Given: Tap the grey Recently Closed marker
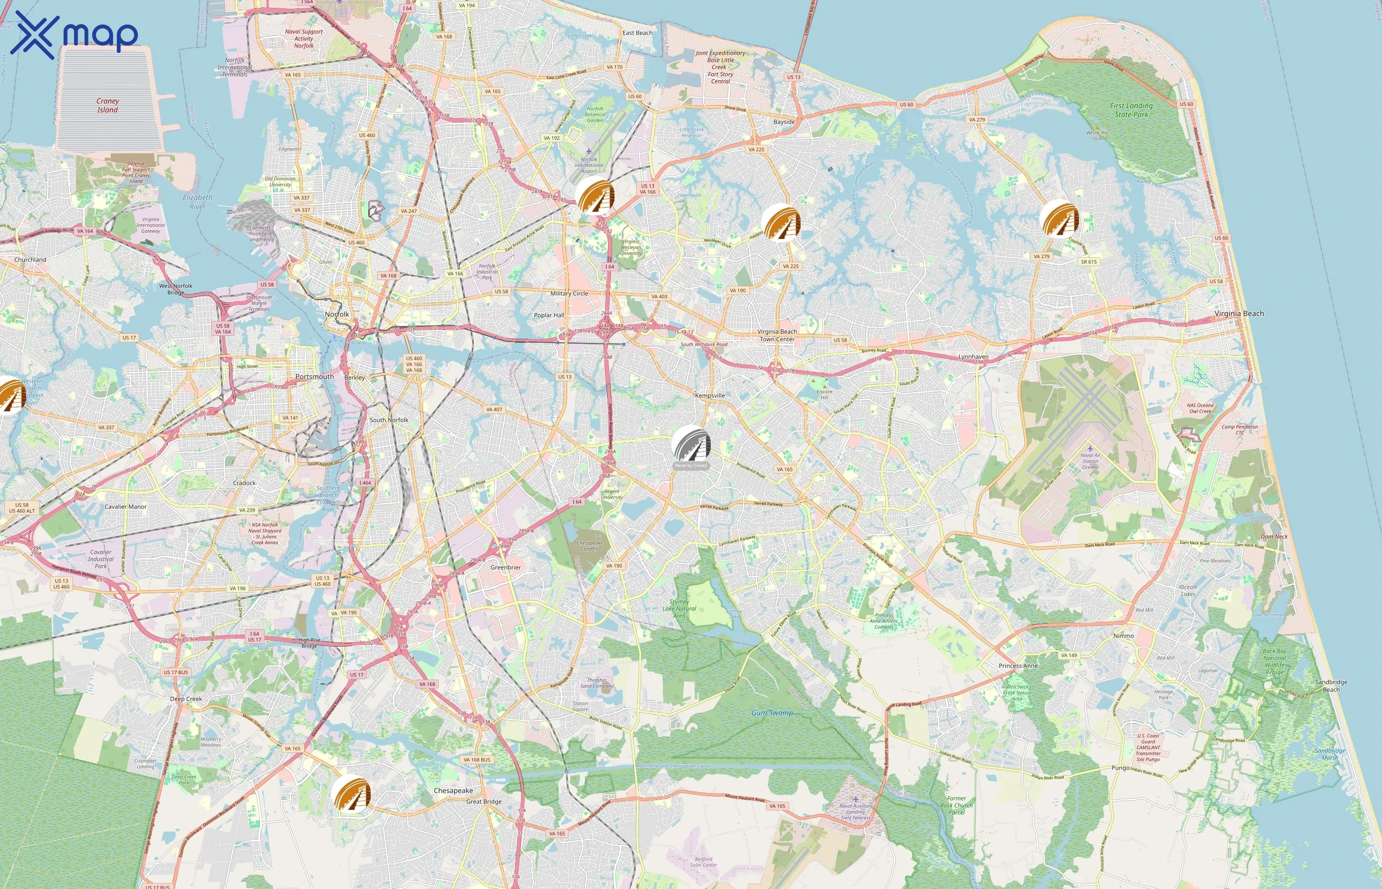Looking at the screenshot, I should (691, 445).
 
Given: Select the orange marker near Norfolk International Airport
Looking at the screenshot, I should (595, 196).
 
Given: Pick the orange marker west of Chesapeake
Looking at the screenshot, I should (351, 794).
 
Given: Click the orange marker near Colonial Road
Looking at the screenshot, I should (1059, 219).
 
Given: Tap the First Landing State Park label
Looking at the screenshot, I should (1131, 110).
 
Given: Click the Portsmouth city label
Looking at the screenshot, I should (314, 377).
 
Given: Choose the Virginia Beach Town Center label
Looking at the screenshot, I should (777, 335).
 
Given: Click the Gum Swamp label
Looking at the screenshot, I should (772, 713).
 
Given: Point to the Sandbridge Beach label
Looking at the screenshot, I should (1331, 686).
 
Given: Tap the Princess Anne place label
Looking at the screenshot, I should (1018, 666).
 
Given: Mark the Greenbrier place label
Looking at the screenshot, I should (505, 567).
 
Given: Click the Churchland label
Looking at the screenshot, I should (30, 260).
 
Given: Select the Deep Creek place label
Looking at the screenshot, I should (186, 699).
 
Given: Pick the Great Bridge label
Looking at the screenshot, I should (483, 802).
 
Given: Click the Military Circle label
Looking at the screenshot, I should (569, 293).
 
